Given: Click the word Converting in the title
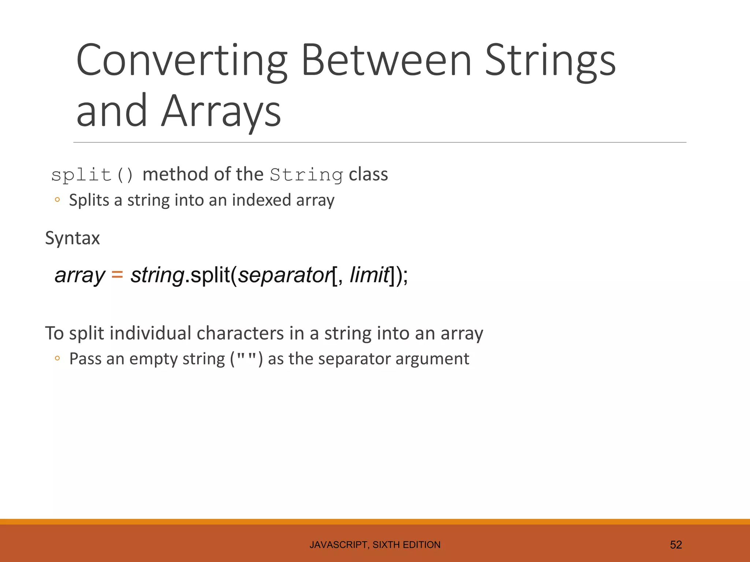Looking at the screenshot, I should click(x=181, y=60).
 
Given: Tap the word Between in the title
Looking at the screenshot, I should click(x=386, y=60).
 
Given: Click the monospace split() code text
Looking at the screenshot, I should click(x=92, y=175).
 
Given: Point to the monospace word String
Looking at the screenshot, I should click(x=306, y=175).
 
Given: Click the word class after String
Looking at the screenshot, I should click(x=368, y=175).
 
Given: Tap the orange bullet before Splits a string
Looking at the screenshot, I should click(x=57, y=200).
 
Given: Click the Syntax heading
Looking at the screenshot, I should click(x=72, y=238).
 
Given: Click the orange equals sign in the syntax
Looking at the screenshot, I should click(x=117, y=274).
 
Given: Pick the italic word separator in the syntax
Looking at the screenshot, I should click(x=285, y=275).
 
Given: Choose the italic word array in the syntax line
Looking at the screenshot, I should click(x=79, y=275).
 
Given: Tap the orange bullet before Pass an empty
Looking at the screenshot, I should click(x=57, y=358).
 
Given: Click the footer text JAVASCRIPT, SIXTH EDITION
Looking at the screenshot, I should click(x=375, y=545).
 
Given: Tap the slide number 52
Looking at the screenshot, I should click(x=676, y=545).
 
